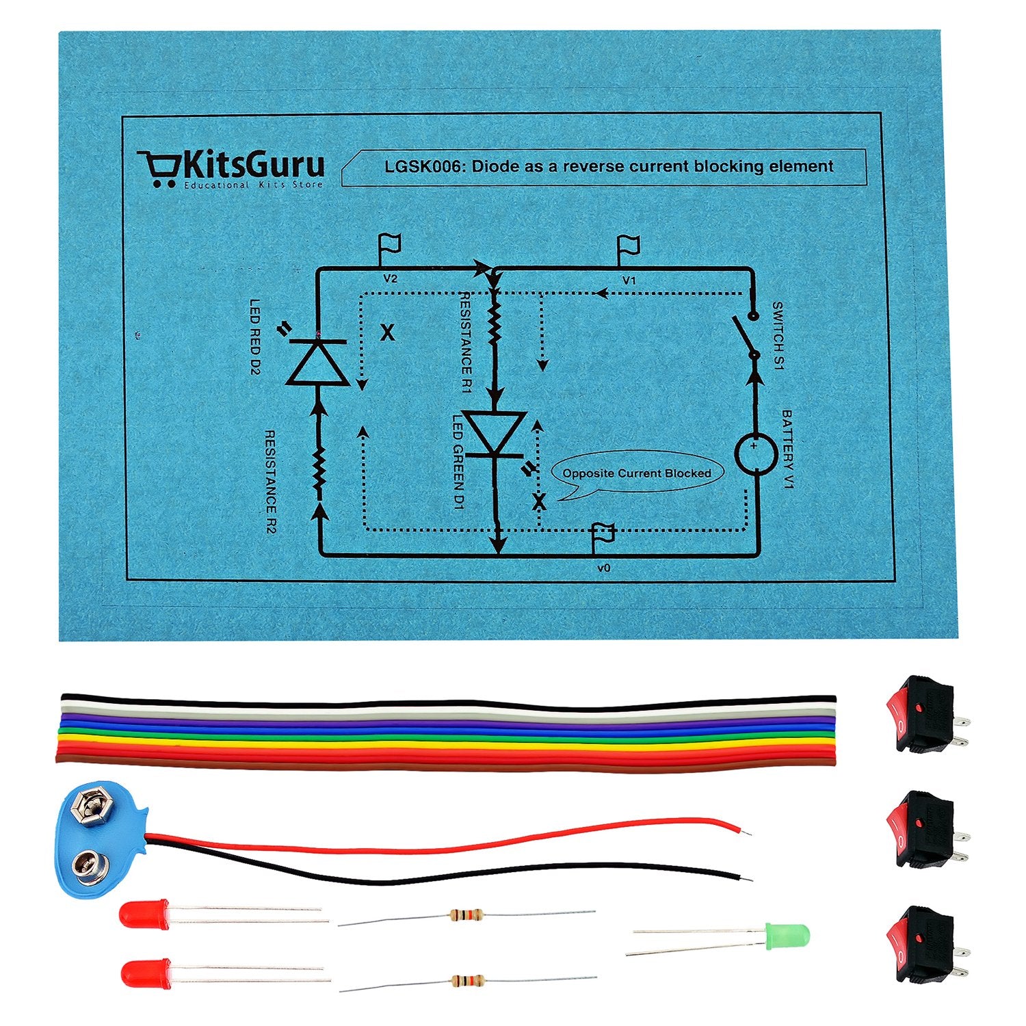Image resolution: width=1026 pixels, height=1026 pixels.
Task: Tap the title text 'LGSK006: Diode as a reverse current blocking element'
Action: coord(608,166)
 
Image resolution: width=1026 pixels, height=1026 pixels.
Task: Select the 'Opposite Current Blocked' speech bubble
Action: coord(637,473)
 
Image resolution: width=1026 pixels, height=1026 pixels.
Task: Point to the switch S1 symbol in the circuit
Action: coord(746,337)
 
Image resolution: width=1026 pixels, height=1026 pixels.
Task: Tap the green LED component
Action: coord(787,934)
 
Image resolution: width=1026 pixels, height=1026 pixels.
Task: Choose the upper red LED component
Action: coord(144,914)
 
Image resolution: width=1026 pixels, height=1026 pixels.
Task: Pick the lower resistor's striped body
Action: coord(468,980)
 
